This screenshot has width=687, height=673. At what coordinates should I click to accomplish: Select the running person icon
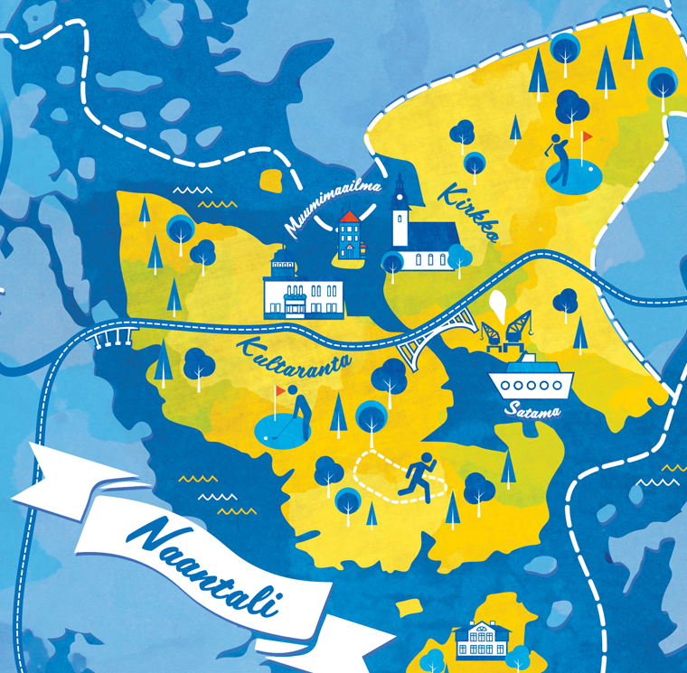point(418,477)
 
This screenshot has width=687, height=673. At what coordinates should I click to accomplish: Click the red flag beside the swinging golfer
point(588,138)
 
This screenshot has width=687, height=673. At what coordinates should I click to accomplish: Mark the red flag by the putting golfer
point(280,391)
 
